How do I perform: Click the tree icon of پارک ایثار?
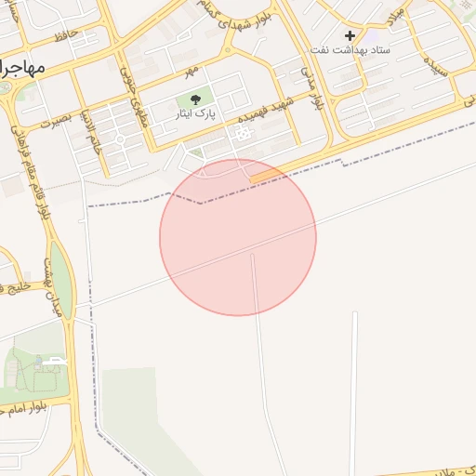click(195, 99)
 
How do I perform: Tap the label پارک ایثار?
click(195, 113)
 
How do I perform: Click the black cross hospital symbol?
click(350, 35)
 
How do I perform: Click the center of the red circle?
click(238, 237)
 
